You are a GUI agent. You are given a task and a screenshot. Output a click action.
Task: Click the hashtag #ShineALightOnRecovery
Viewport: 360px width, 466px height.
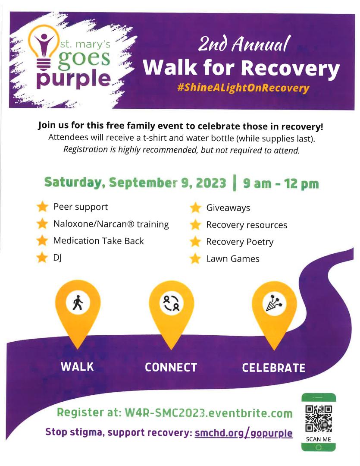point(243,88)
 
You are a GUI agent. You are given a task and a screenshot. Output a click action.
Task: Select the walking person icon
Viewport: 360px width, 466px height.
point(78,303)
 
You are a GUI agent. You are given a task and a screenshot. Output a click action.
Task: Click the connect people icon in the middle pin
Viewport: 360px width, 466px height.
point(172,303)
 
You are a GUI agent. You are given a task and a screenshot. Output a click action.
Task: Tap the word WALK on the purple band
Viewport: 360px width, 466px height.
point(77,367)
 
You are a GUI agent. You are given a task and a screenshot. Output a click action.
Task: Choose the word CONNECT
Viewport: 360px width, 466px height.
point(171,368)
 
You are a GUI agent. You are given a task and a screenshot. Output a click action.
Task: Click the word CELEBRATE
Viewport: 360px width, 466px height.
point(273,368)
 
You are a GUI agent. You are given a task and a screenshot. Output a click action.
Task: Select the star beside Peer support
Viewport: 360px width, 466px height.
point(42,207)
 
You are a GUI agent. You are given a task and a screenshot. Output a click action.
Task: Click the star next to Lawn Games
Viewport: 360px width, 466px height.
point(195,259)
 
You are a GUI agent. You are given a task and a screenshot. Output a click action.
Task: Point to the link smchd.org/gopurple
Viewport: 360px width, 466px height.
point(244,433)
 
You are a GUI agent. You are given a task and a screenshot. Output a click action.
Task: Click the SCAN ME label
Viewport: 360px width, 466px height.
point(318,439)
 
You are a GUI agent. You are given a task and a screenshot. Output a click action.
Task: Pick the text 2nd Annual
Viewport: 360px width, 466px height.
point(244,45)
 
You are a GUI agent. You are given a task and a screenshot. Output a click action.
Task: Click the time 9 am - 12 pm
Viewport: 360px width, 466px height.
point(281,183)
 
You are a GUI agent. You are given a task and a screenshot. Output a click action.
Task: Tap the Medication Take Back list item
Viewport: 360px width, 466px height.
point(98,241)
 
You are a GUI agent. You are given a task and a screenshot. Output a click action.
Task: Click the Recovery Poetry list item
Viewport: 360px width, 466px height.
point(240,242)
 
